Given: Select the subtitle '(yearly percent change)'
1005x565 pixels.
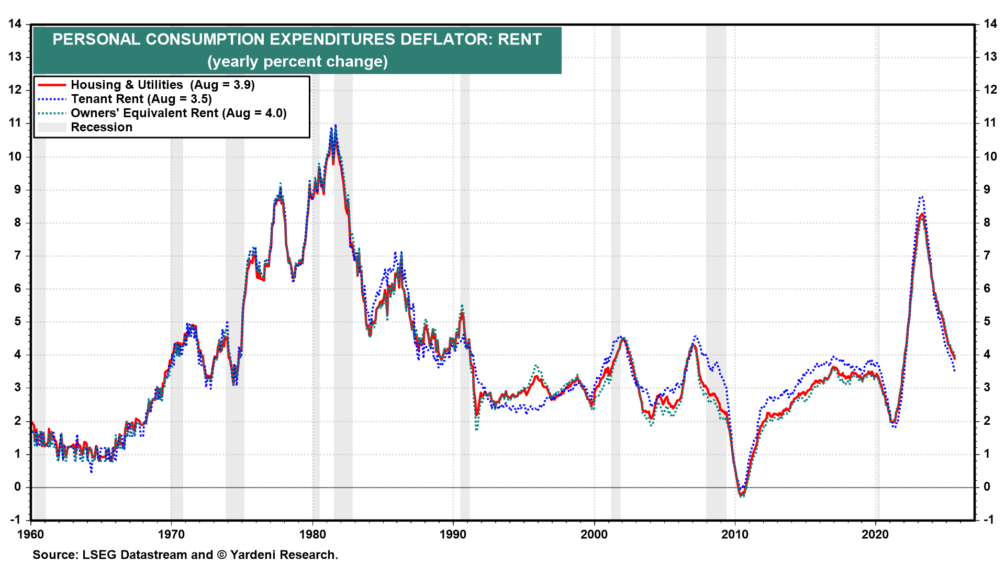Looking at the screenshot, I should tap(297, 62).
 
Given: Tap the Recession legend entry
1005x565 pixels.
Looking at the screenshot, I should tap(102, 127).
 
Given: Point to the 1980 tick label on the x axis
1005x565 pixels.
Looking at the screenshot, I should tap(312, 534).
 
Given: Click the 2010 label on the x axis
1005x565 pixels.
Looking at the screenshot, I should tap(735, 534).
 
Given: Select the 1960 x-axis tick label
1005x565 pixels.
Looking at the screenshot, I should tap(31, 534).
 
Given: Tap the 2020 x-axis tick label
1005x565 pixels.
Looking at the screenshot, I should tap(875, 534).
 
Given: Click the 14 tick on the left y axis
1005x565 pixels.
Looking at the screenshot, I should tap(15, 24).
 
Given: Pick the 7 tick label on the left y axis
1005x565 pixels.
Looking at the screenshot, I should tap(18, 255).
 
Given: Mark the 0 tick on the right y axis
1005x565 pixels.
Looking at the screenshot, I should tap(987, 487).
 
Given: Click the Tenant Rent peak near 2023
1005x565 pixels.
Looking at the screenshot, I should tap(922, 197).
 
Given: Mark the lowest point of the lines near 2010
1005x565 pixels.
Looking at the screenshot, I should tap(742, 495).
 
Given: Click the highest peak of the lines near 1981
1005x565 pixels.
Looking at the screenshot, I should tap(335, 126).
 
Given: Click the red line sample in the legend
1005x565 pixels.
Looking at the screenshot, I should tap(52, 85).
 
